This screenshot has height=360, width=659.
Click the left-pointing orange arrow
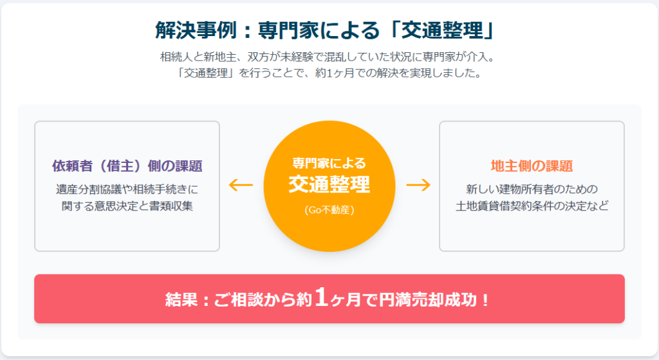click(x=241, y=185)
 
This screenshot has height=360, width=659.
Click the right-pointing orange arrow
click(x=418, y=185)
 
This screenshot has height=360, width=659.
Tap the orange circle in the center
click(x=329, y=186)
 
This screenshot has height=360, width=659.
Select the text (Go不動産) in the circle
click(x=329, y=210)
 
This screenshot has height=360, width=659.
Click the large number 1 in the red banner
click(x=321, y=297)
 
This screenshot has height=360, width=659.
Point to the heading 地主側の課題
click(x=532, y=166)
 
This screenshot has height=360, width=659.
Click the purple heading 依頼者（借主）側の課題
click(x=127, y=166)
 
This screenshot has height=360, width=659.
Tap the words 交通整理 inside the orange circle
click(x=329, y=185)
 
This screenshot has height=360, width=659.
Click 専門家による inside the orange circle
click(x=329, y=163)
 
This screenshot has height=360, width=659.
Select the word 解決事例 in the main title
click(x=196, y=30)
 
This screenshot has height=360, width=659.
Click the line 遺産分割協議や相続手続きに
click(x=127, y=189)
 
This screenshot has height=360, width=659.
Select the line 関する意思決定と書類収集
click(x=127, y=206)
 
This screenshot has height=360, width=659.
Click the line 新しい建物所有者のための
click(x=532, y=189)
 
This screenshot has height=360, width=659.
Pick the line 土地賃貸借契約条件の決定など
click(x=532, y=206)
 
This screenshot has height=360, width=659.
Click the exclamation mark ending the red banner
click(x=486, y=300)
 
